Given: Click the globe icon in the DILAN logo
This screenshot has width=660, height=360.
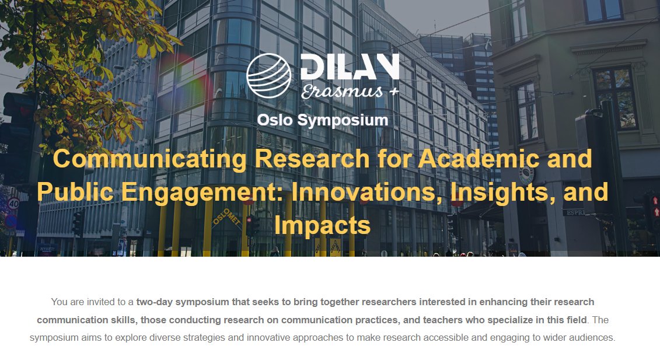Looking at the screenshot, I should [x=268, y=75].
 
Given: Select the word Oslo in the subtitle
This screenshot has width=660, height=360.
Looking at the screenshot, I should [x=275, y=120].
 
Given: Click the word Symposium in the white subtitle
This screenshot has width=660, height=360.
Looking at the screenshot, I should [x=343, y=120].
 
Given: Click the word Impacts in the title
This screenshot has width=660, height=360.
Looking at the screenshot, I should [x=322, y=225].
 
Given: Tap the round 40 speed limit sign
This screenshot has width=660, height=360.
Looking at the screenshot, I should [x=13, y=204].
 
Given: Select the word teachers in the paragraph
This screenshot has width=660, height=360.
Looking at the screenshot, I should [x=445, y=320].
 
